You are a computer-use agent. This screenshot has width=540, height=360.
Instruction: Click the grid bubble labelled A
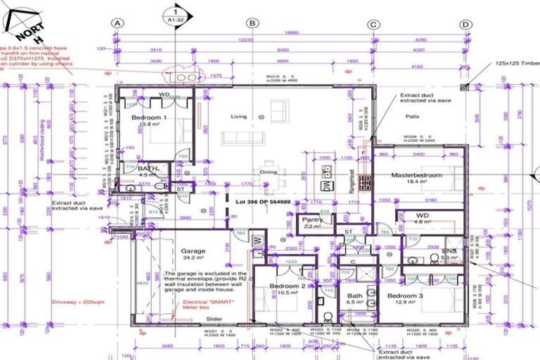117,23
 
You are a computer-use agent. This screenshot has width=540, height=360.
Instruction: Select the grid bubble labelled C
373,23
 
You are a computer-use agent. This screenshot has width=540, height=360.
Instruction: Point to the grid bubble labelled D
465,23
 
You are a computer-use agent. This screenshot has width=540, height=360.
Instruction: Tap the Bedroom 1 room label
149,117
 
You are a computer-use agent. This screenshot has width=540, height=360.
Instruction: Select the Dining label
269,172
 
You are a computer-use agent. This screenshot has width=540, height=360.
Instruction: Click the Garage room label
193,250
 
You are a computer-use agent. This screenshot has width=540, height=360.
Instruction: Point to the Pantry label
312,219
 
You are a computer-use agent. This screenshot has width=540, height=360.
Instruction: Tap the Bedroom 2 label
288,286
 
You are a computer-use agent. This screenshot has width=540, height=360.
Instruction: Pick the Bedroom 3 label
405,296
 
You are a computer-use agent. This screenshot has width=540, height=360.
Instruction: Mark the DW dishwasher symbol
326,186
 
